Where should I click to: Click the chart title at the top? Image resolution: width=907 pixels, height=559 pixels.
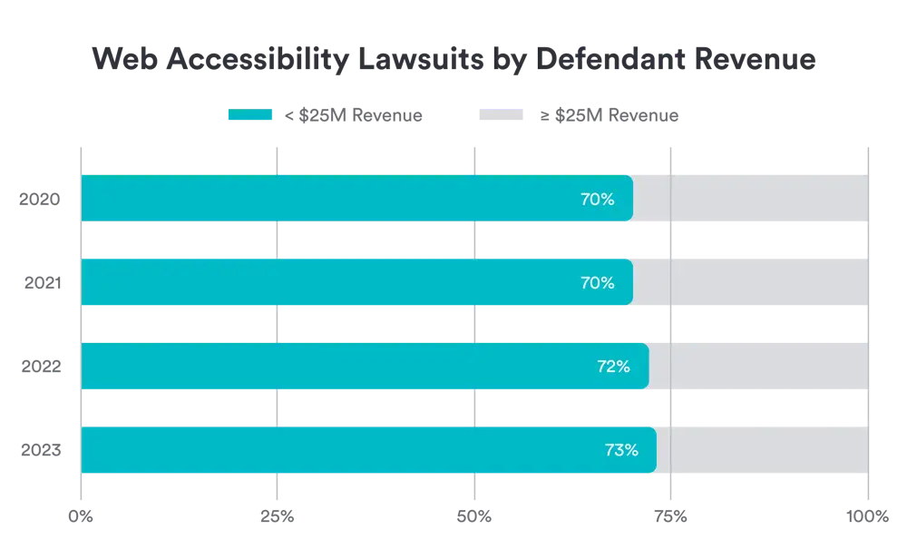453,60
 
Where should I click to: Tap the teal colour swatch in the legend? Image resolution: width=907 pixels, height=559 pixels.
249,115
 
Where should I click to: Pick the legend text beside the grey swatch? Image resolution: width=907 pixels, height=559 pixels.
609,115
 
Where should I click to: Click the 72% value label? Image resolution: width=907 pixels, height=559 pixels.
613,367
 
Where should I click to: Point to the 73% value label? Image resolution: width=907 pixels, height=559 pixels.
621,450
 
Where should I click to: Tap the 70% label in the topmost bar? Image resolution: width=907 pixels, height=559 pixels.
598,199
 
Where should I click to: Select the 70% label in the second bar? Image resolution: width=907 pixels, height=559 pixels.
598,283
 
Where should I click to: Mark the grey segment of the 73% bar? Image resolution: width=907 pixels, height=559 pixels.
762,450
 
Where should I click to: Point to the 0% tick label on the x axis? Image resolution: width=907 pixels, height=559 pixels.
81,515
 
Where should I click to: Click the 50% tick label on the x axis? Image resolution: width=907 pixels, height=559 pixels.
474,515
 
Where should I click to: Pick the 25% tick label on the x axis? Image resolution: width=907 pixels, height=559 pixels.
277,515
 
